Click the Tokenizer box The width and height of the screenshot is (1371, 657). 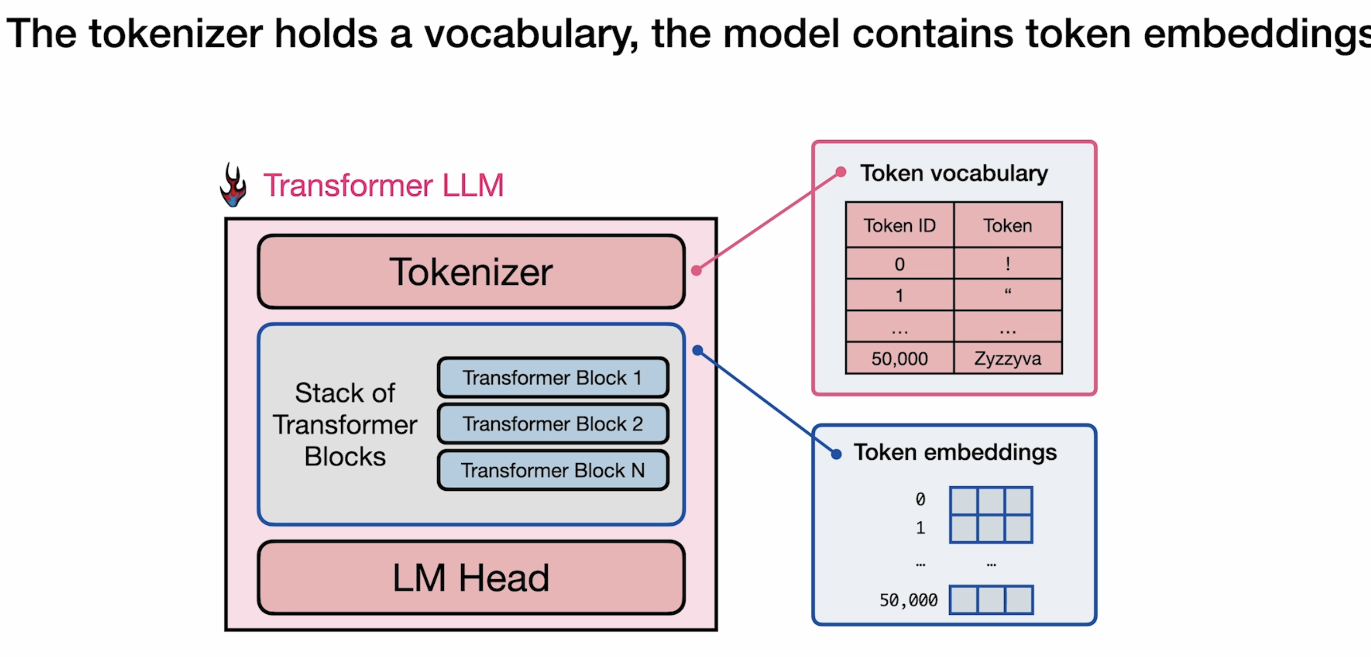pos(471,271)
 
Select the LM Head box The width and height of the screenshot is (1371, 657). pos(471,578)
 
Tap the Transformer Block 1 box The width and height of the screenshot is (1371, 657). pos(553,378)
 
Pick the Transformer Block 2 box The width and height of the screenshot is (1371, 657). pos(553,424)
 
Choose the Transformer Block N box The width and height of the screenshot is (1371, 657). pos(553,470)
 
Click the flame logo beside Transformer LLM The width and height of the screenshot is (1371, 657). pos(233,185)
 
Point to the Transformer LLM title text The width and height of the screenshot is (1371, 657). pos(383,185)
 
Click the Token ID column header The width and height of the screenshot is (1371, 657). pos(899,225)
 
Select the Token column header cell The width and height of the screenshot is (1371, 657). pos(1008,225)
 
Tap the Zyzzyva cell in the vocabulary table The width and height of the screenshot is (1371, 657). pos(1008,358)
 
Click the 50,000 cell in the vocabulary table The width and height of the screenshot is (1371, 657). pos(899,358)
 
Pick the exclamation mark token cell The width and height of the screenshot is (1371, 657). pos(1008,264)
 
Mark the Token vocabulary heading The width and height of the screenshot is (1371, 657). pos(954,174)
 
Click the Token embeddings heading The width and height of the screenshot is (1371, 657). pos(955,452)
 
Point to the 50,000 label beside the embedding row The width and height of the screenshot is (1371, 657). pos(908,600)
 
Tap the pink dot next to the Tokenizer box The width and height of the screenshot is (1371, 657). pos(696,270)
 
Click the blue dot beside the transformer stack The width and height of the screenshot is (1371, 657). pos(698,350)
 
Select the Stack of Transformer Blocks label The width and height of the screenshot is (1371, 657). pos(345,424)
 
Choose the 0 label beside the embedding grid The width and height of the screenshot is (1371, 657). pos(920,499)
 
